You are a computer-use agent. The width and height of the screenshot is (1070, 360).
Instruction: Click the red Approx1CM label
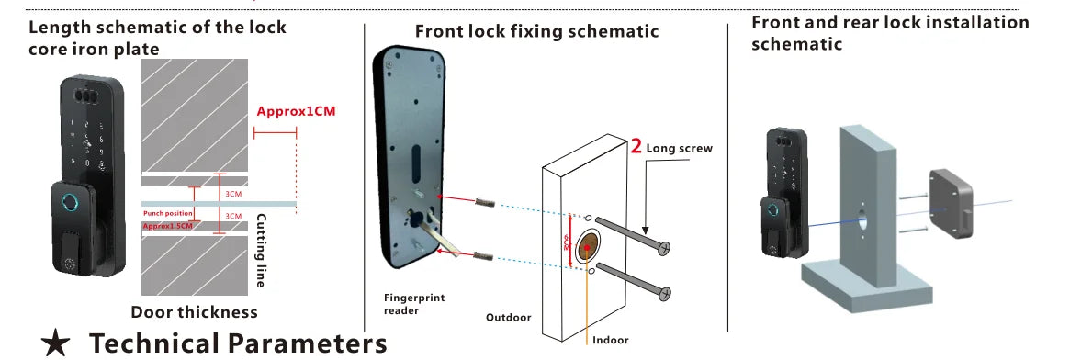pos(296,111)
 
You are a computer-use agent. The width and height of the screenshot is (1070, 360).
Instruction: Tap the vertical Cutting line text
pos(261,251)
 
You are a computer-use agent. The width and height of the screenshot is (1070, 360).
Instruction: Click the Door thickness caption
pos(194,312)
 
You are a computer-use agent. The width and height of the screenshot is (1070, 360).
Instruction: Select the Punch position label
pos(167,214)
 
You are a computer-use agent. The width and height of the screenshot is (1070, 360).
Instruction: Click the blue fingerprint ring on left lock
pos(70,204)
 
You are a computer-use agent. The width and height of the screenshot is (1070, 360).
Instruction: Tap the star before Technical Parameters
pos(56,344)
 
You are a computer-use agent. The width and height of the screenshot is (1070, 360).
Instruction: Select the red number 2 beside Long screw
pos(636,145)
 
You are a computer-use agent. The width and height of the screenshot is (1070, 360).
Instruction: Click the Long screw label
pos(679,147)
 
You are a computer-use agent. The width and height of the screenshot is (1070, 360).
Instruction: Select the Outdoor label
pos(508,318)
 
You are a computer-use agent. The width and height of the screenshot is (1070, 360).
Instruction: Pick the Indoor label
pos(612,340)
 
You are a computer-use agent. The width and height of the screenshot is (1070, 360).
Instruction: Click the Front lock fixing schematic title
pos(536,31)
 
